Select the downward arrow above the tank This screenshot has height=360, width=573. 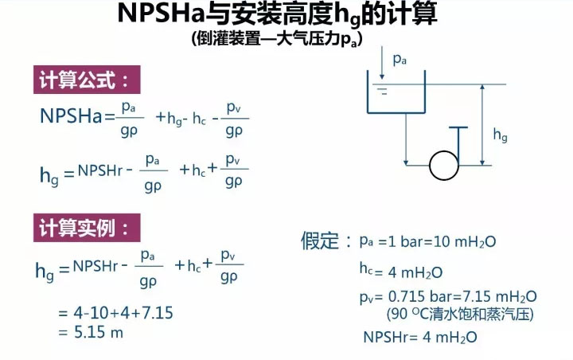[x=385, y=61]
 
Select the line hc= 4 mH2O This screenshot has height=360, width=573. [x=400, y=272]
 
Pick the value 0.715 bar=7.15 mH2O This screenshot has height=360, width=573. [x=458, y=297]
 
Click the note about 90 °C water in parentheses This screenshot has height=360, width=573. [x=459, y=314]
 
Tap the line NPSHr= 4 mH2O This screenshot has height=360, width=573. [x=419, y=337]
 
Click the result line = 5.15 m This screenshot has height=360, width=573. [x=91, y=332]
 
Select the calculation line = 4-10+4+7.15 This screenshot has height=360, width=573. [x=115, y=313]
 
